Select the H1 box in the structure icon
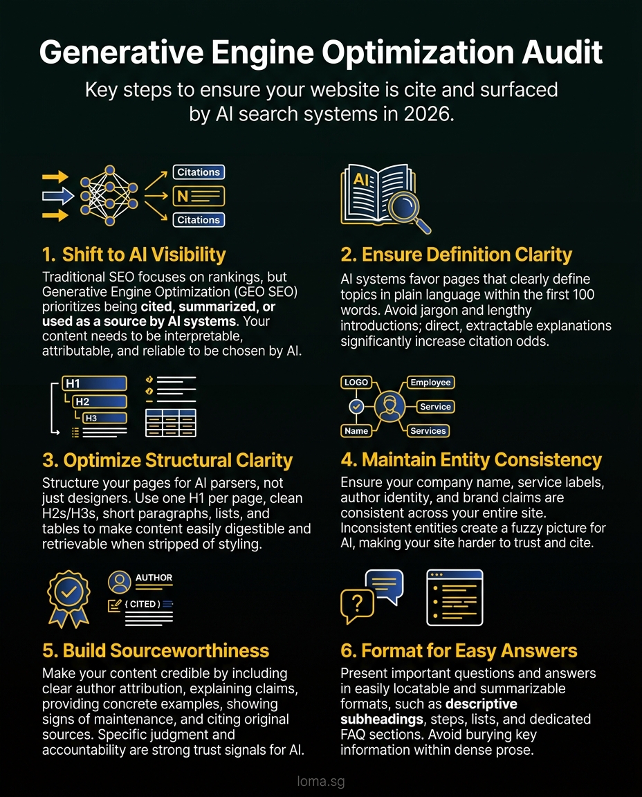(x=94, y=383)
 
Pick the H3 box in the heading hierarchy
(x=104, y=418)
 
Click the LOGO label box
(x=356, y=383)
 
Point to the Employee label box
(x=430, y=383)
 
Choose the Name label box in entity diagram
(x=356, y=430)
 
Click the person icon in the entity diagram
(x=389, y=406)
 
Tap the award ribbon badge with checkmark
(x=68, y=595)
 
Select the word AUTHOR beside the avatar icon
(x=154, y=578)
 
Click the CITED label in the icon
(x=143, y=604)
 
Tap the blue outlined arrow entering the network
(x=58, y=196)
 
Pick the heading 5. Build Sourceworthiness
(x=156, y=650)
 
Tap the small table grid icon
(x=170, y=423)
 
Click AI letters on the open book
(x=362, y=180)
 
